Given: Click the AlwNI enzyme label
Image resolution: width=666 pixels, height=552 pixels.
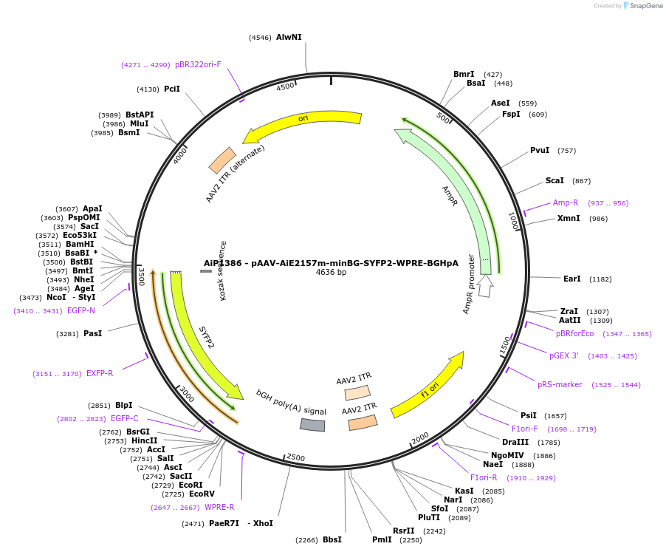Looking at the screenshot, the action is pos(289,37).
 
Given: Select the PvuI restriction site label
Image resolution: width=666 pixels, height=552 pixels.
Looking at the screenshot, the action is pos(540,150).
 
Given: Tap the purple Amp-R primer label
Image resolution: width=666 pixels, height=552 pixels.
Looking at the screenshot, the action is pos(566,202).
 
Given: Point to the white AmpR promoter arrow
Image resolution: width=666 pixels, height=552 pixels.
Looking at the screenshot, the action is pos(485,284).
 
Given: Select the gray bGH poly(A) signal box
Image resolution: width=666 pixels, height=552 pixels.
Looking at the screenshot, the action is pos(312,424).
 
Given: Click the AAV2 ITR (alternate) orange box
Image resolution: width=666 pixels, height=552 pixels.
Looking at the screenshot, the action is pos(222,160).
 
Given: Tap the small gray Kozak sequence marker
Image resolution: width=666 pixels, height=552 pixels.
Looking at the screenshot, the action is pos(206,271).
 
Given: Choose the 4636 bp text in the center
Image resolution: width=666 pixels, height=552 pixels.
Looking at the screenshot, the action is pos(331,273).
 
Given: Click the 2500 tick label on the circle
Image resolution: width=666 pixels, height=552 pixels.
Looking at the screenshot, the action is pos(295,458).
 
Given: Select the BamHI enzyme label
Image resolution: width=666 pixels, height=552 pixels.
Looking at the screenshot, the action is pos(80,244).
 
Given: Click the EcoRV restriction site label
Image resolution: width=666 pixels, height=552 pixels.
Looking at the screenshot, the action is pos(202,494).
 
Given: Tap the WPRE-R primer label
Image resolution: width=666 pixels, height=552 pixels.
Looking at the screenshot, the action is pos(219,507).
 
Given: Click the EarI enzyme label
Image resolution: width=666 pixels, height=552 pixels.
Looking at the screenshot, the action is pos(572,279).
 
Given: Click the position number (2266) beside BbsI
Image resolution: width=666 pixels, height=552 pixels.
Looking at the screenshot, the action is pos(306,540).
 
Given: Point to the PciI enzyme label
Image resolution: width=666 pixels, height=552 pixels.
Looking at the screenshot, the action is pos(172,89).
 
